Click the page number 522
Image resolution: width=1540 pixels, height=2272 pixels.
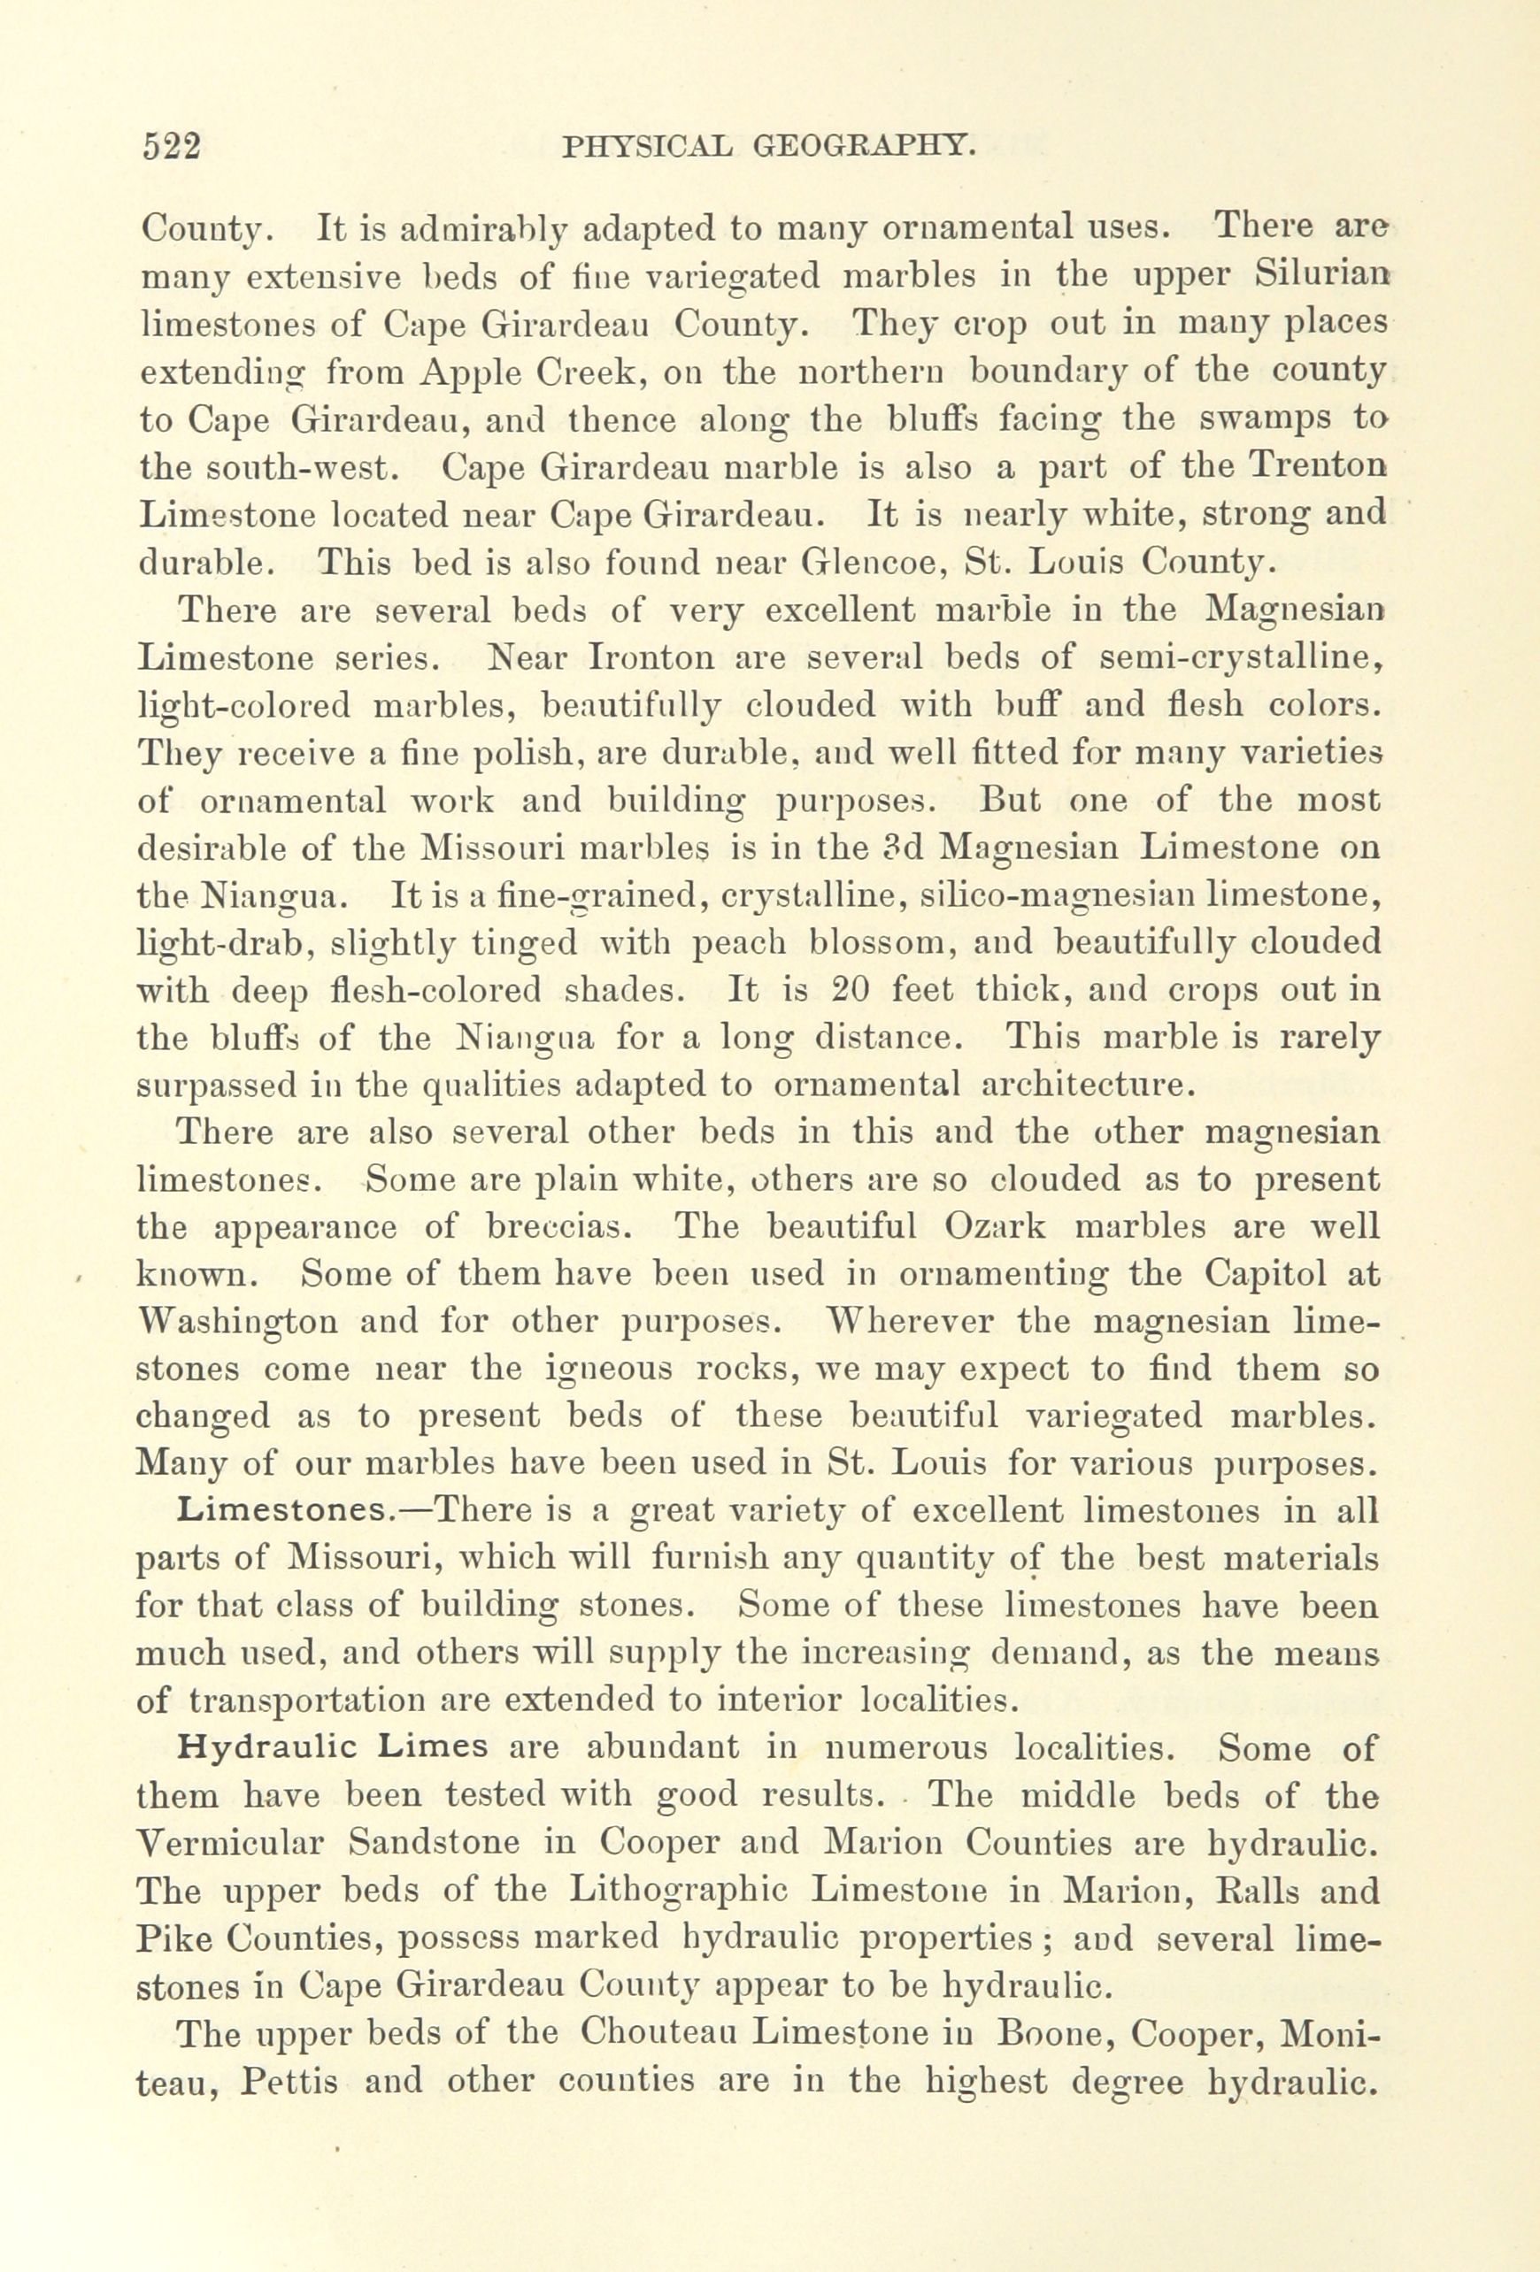pos(171,147)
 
